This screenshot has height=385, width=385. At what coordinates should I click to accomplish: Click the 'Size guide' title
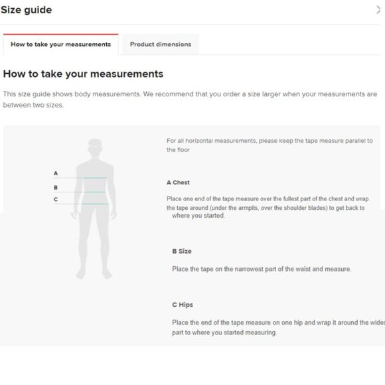[x=27, y=10]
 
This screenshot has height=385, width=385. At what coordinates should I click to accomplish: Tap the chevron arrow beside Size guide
[x=378, y=10]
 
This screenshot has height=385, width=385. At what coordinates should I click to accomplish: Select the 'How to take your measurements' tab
[x=60, y=44]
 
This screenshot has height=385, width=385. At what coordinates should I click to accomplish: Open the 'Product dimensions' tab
[x=161, y=44]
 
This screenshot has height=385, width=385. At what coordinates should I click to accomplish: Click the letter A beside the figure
[x=56, y=173]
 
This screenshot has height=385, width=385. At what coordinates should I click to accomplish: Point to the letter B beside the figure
[x=56, y=188]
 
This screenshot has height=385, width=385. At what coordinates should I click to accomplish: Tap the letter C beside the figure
[x=56, y=199]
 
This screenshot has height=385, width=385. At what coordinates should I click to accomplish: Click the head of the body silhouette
[x=95, y=147]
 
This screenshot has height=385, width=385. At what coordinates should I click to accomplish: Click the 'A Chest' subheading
[x=178, y=183]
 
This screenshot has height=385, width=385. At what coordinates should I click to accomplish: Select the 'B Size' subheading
[x=182, y=251]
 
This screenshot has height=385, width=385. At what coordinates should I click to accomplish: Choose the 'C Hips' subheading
[x=183, y=305]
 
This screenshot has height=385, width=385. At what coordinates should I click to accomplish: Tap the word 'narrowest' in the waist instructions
[x=249, y=269]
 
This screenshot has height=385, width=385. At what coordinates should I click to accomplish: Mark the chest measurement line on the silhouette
[x=94, y=177]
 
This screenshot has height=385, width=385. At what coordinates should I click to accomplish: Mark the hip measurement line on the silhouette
[x=95, y=204]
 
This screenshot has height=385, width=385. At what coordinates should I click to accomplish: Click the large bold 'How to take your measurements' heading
[x=83, y=74]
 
